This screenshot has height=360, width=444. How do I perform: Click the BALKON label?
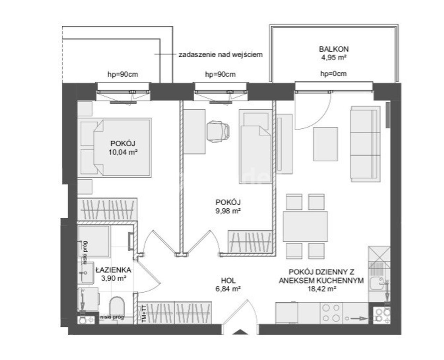(x=334, y=49)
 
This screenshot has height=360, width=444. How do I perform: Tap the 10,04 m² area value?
(x=123, y=152)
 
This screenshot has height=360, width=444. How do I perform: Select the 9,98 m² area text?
(x=228, y=211)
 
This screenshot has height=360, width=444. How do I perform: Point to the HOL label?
(x=229, y=281)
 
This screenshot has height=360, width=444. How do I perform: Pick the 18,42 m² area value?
(x=322, y=289)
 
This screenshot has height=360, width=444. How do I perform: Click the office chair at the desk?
(x=219, y=132)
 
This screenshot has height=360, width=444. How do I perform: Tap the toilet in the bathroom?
(x=117, y=307)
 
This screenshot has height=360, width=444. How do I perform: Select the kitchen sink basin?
(x=377, y=284)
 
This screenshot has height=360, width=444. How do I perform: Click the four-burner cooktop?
(x=331, y=313)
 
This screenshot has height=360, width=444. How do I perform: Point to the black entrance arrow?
(x=240, y=332)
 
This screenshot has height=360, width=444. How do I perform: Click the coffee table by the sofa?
(x=326, y=144)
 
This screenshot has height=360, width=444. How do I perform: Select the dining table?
(x=305, y=226)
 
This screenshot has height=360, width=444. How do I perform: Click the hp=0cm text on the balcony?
(x=333, y=74)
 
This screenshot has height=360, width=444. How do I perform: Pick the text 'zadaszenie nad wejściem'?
(x=221, y=55)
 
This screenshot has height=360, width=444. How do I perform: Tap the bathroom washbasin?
(x=87, y=273)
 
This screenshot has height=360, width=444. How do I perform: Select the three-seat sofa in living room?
(x=365, y=144)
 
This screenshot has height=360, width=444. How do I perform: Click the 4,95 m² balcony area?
(x=334, y=58)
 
